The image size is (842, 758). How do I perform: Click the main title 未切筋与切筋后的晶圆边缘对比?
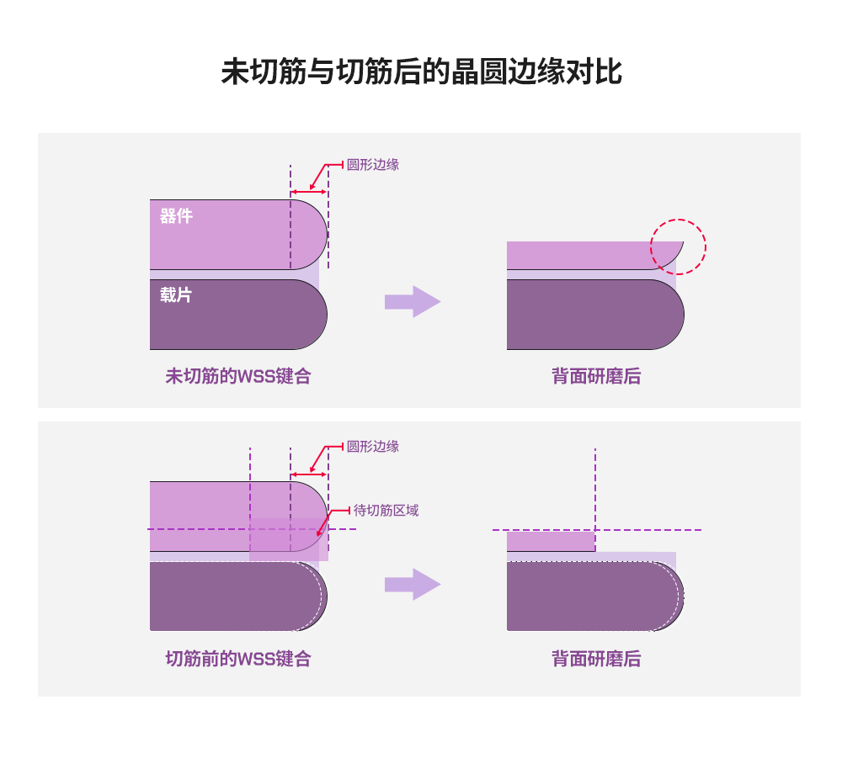click(421, 72)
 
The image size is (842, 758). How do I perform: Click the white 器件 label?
click(176, 216)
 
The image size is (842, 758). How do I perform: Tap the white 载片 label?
click(176, 295)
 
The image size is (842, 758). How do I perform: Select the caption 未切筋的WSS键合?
click(238, 376)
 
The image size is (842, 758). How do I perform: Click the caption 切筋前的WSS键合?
click(238, 659)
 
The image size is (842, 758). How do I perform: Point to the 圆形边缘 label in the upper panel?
click(373, 165)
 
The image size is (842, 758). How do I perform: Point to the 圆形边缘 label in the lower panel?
click(373, 447)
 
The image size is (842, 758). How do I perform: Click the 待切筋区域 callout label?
click(386, 511)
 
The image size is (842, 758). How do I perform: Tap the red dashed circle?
click(678, 246)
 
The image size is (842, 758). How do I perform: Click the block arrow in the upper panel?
click(413, 302)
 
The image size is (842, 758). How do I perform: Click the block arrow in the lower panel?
click(413, 585)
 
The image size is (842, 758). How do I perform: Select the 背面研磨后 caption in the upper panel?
click(596, 376)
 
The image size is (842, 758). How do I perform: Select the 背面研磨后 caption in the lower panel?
click(596, 659)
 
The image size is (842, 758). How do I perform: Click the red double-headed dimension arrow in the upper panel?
click(308, 192)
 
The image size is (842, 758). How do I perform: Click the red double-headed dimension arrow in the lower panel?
click(308, 474)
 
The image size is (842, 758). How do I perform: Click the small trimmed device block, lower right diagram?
click(551, 541)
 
